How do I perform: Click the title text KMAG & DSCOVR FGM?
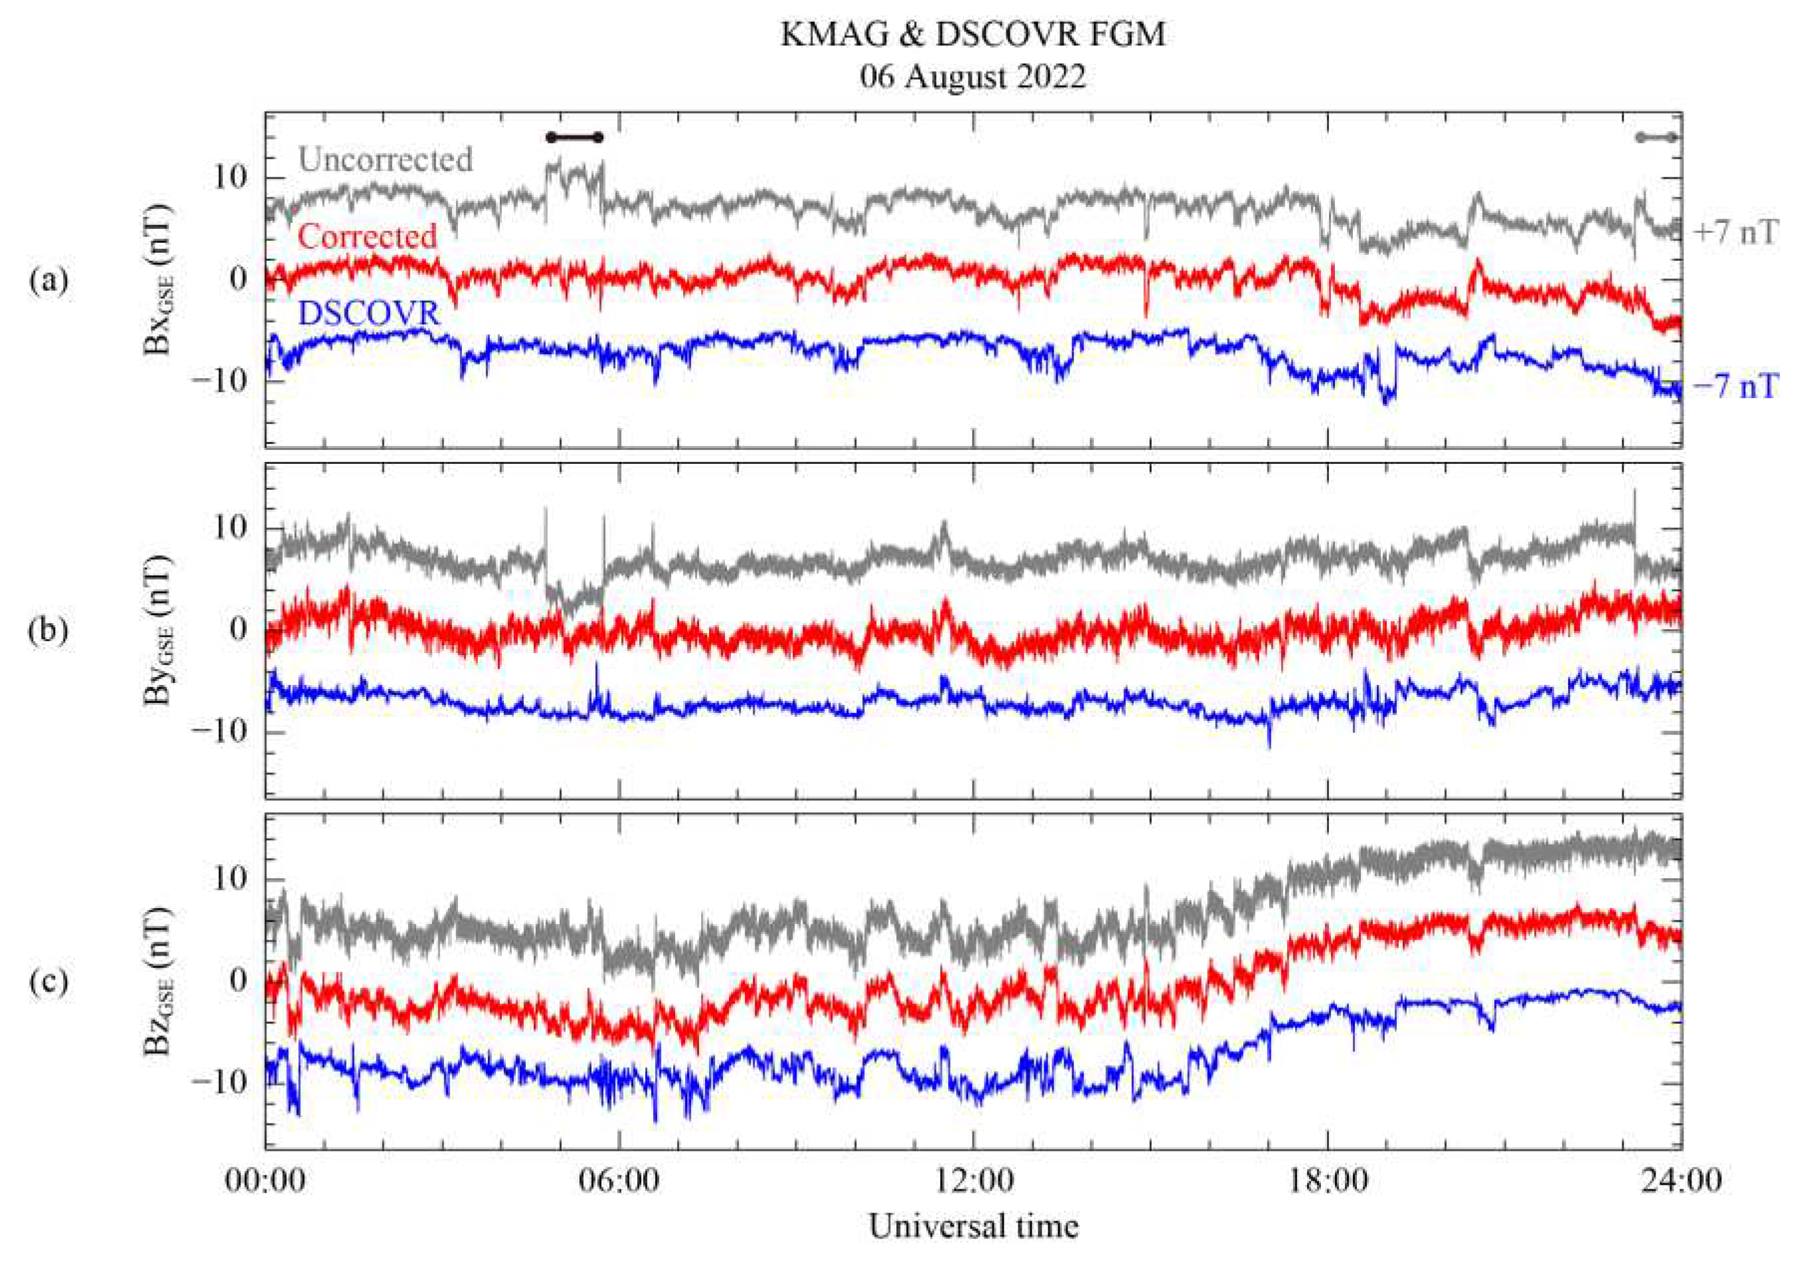pos(973,35)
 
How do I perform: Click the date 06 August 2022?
pos(973,78)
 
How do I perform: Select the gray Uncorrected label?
pos(386,160)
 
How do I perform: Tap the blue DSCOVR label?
pos(369,313)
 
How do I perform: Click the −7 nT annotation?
pos(1734,386)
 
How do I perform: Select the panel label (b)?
pos(48,631)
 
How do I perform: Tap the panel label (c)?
pos(48,982)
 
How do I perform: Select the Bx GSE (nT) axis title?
pos(159,279)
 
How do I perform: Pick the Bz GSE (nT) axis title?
pos(159,982)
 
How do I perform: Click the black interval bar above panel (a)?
pos(574,138)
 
